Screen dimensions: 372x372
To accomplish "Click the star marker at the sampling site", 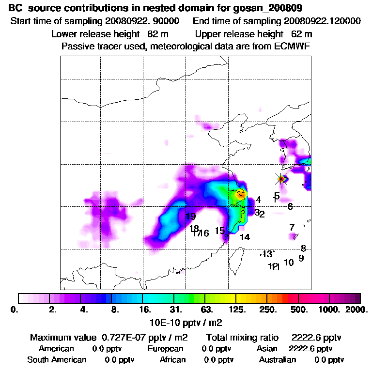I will tap(281, 179).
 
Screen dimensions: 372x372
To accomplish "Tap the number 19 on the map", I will tap(190, 217).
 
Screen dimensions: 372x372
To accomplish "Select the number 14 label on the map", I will tap(245, 237).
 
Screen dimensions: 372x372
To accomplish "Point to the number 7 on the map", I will tap(292, 227).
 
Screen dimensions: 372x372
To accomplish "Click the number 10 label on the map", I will tap(289, 263).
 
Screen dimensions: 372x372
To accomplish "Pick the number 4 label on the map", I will tap(259, 200).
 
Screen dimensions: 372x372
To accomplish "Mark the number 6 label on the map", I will tap(290, 206).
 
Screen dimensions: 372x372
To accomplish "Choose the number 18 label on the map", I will tap(194, 229).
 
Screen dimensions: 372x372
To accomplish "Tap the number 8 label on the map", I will tap(303, 248).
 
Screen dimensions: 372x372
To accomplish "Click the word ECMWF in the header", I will tap(293, 46).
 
